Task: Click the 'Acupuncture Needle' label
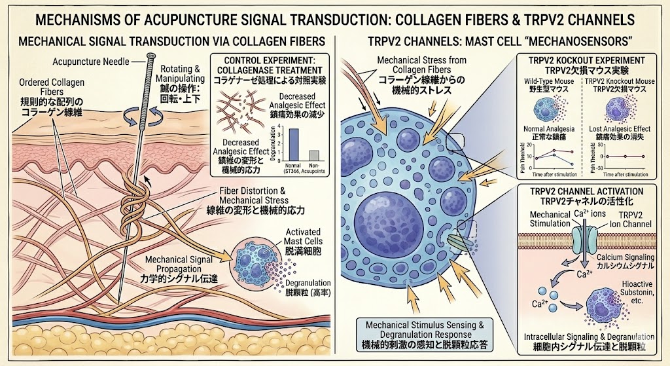[89, 62]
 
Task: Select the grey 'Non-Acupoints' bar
[314, 155]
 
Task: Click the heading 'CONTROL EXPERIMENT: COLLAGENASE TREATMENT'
[270, 65]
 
